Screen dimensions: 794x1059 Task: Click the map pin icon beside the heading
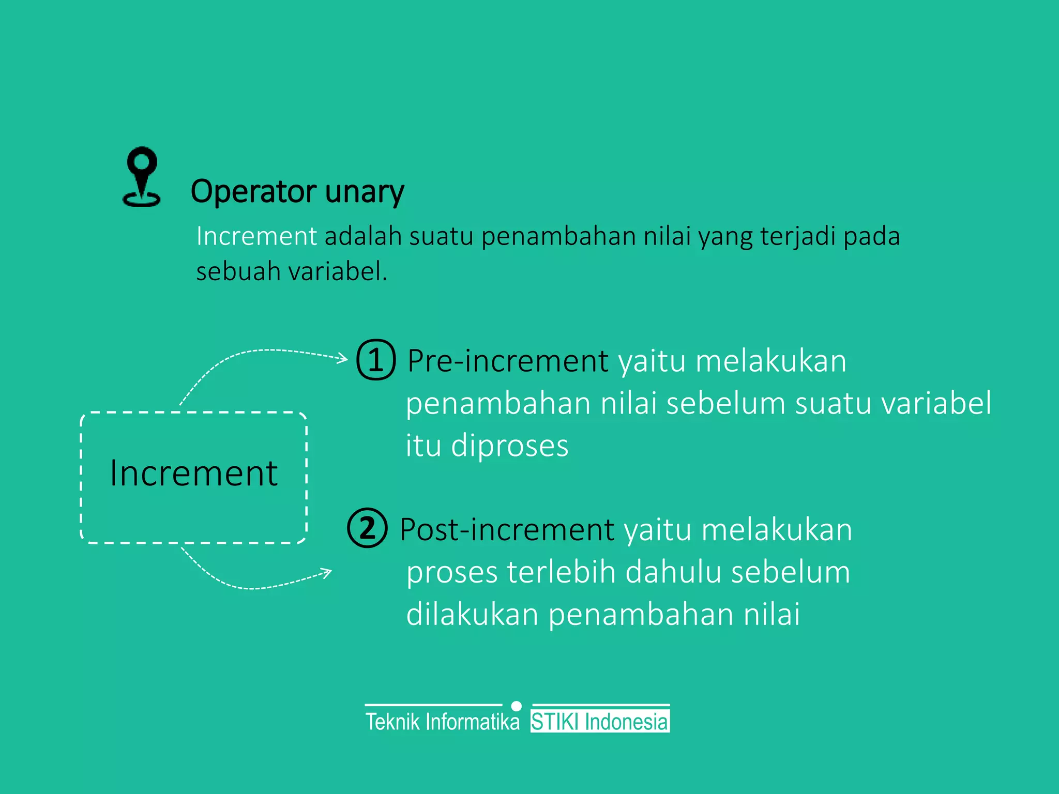141,177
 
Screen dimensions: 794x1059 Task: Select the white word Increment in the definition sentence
256,236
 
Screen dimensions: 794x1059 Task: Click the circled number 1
376,360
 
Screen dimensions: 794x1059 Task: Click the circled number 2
367,528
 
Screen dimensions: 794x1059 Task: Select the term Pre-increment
507,361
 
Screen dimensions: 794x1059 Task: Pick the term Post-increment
507,530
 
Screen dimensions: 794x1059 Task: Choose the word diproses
509,446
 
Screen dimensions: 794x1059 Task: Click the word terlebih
561,572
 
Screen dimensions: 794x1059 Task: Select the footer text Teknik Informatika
442,722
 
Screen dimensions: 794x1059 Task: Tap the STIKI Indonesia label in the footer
600,722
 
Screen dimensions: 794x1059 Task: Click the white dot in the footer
516,706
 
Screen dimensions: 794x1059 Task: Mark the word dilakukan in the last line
472,615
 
